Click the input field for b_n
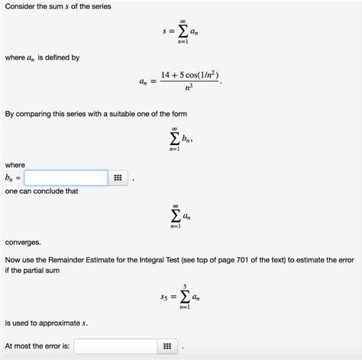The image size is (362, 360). (65, 178)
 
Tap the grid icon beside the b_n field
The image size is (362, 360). (117, 178)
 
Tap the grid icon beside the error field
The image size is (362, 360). (166, 346)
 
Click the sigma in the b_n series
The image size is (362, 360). (176, 138)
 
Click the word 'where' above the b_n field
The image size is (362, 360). (15, 164)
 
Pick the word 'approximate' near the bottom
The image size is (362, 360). (56, 323)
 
